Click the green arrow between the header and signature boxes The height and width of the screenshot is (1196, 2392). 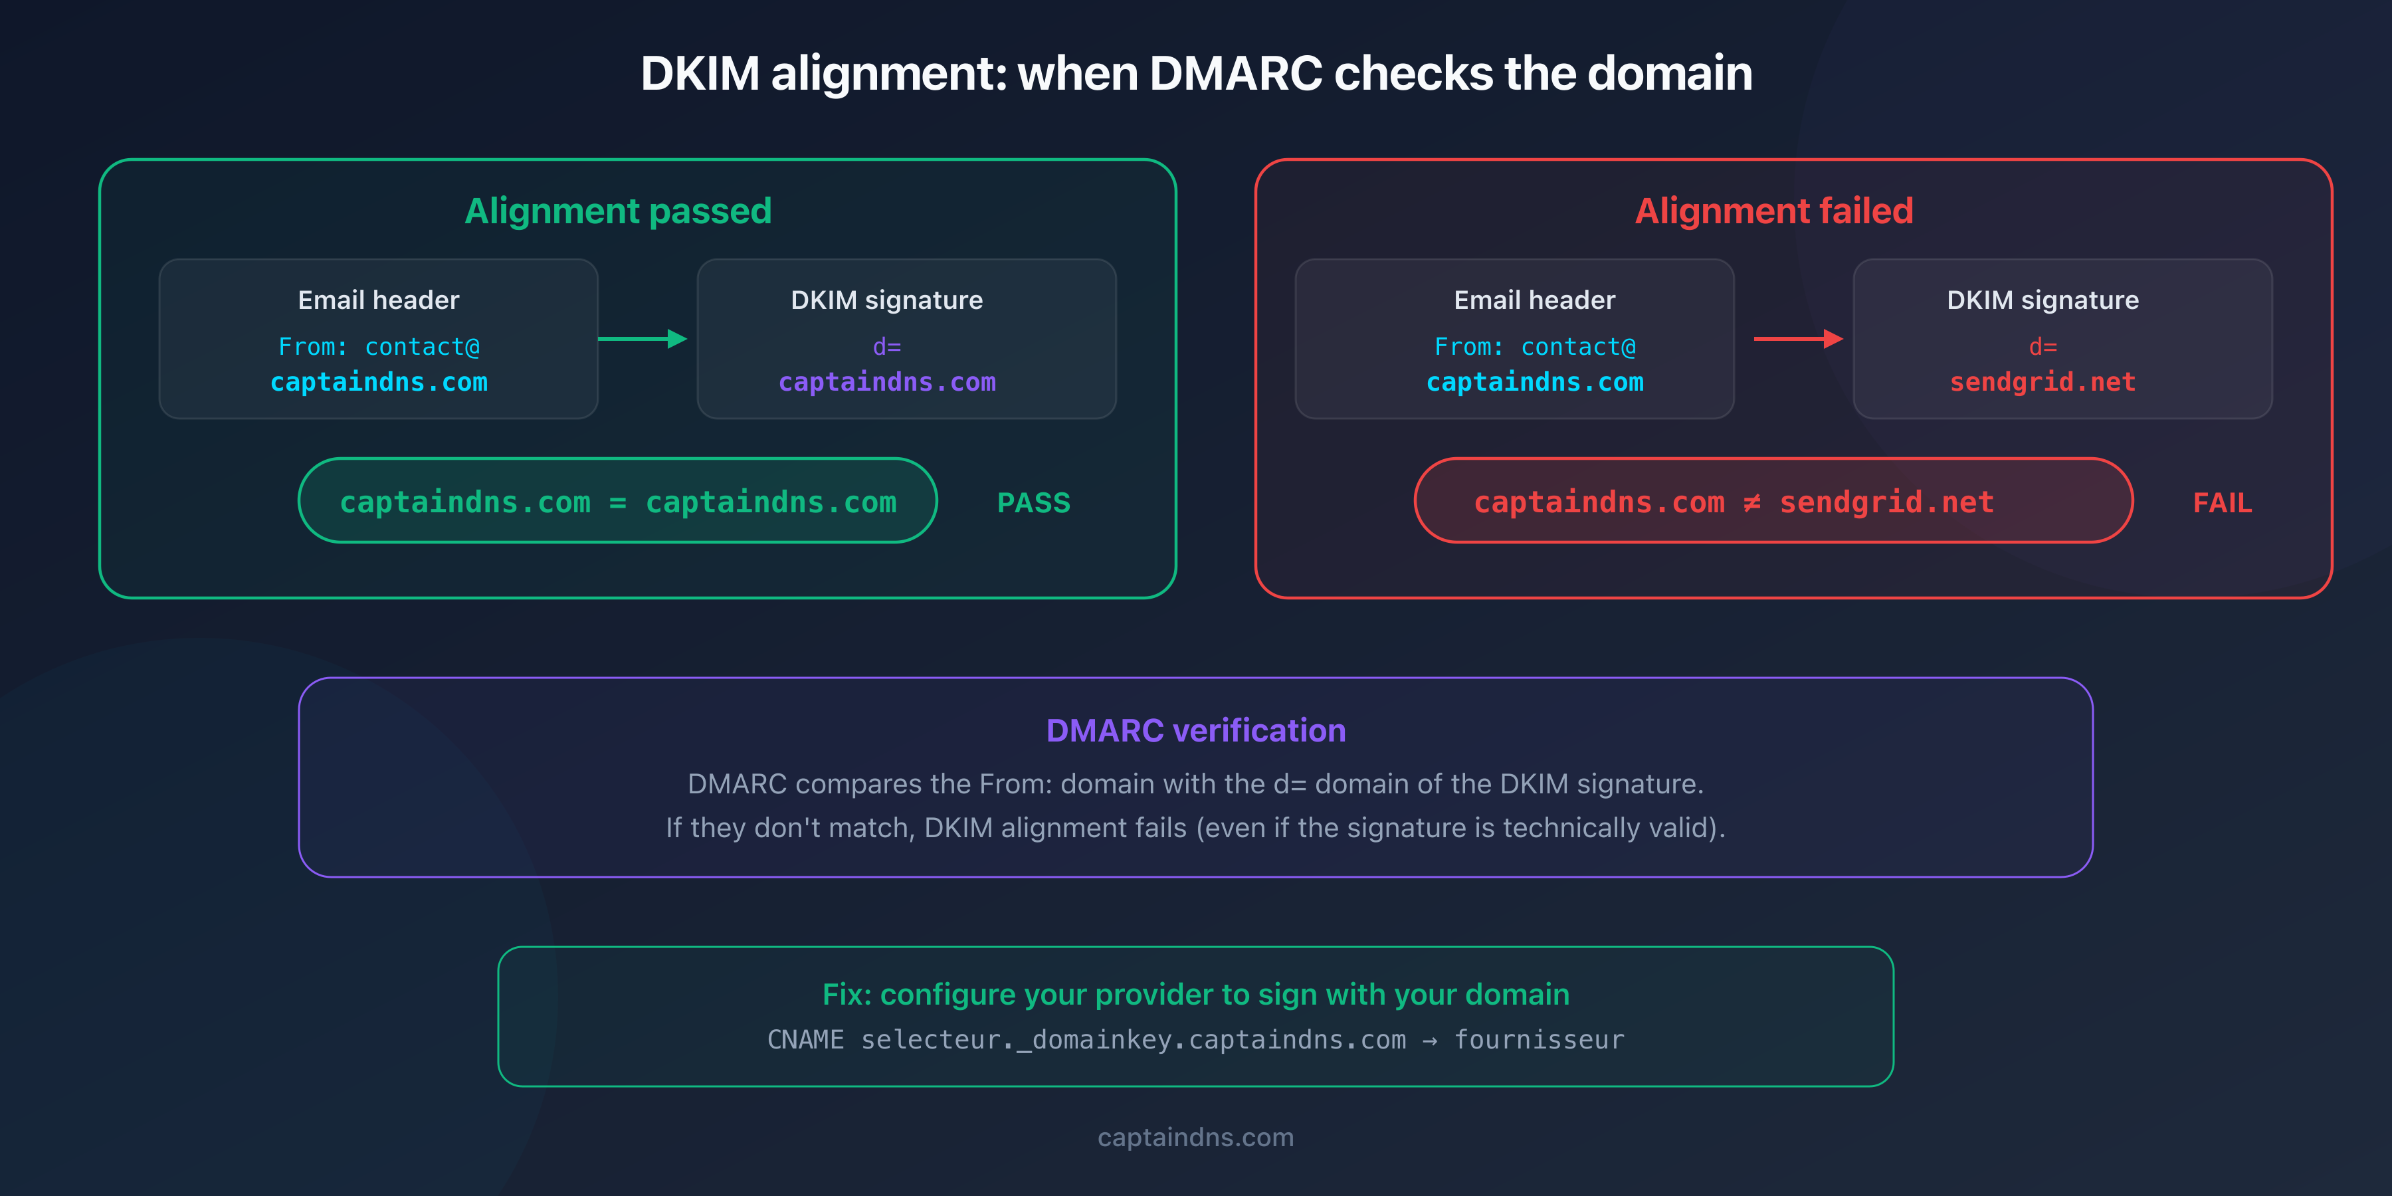(643, 339)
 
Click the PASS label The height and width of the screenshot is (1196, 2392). (1033, 502)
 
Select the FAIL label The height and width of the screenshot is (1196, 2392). (2222, 502)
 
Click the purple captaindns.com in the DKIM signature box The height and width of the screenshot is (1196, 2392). (887, 381)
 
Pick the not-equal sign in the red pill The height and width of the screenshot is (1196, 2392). (1751, 502)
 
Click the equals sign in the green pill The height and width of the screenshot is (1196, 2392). (617, 502)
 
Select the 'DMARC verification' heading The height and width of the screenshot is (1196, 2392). (1195, 731)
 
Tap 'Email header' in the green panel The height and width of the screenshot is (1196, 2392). (378, 300)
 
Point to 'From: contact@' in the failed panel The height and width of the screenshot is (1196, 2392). (1534, 346)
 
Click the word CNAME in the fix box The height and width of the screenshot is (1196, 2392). (805, 1039)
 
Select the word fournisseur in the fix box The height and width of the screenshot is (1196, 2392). (1539, 1039)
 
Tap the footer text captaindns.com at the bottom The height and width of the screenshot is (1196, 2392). (1195, 1137)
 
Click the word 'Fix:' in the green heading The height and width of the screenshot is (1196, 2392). (846, 995)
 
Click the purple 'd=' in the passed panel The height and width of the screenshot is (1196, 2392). (887, 346)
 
